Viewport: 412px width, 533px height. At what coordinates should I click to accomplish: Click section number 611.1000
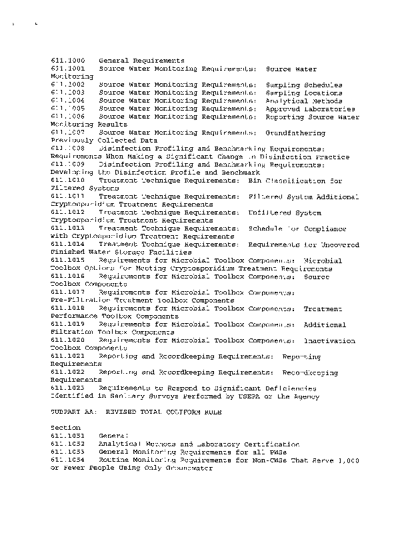coord(67,61)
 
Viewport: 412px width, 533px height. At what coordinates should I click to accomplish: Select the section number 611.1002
coord(67,85)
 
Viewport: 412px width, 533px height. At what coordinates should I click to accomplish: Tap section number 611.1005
coord(67,109)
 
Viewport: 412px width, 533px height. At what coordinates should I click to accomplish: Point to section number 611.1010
coord(67,181)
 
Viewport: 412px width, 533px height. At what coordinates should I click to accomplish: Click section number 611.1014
coord(67,245)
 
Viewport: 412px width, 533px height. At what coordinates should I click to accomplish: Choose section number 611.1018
coord(67,309)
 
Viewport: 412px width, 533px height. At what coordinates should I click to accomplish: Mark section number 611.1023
coord(67,388)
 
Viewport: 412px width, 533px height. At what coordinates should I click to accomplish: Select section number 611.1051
coord(67,436)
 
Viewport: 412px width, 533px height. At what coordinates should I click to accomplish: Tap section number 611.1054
coord(67,460)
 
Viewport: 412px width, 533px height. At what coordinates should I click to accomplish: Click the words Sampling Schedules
coord(304,85)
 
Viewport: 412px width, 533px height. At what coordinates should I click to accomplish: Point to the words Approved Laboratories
coord(310,109)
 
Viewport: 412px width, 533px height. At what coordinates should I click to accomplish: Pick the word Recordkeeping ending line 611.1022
coord(311,372)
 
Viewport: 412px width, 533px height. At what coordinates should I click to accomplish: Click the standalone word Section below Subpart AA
coord(65,428)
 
